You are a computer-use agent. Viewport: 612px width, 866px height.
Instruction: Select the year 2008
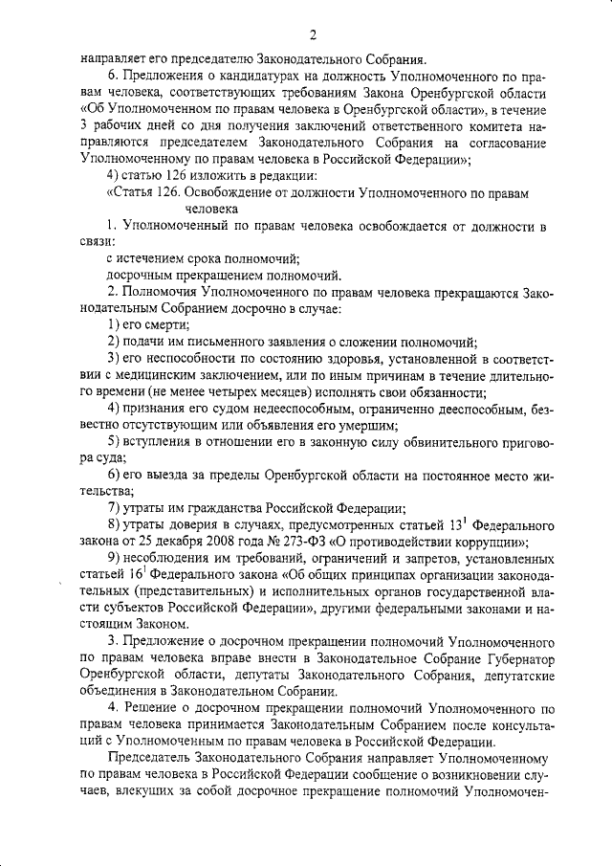[x=222, y=542]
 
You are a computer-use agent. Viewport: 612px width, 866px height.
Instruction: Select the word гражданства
[x=216, y=508]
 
